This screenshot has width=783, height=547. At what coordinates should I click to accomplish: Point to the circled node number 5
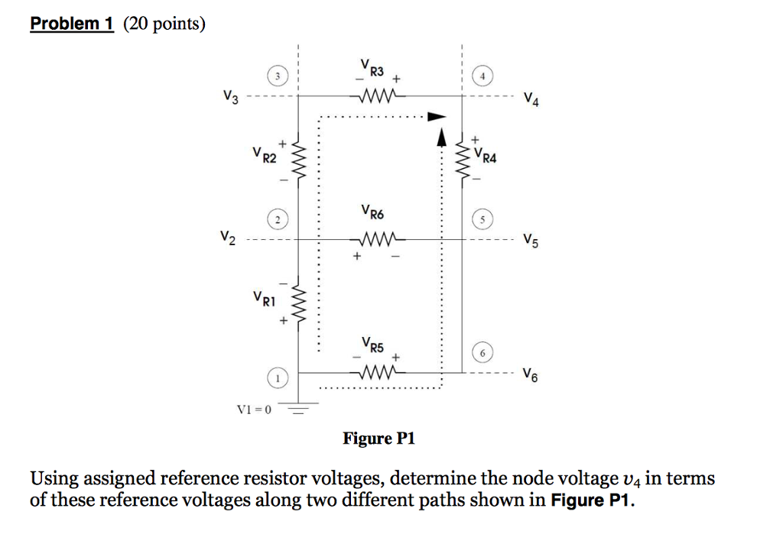(482, 220)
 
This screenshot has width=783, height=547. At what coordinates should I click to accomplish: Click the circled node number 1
(278, 378)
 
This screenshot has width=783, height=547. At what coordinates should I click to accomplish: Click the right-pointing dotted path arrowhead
(434, 117)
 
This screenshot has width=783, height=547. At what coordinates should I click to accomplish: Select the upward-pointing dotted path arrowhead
(441, 138)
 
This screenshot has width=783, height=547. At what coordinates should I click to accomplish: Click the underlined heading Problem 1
(72, 24)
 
